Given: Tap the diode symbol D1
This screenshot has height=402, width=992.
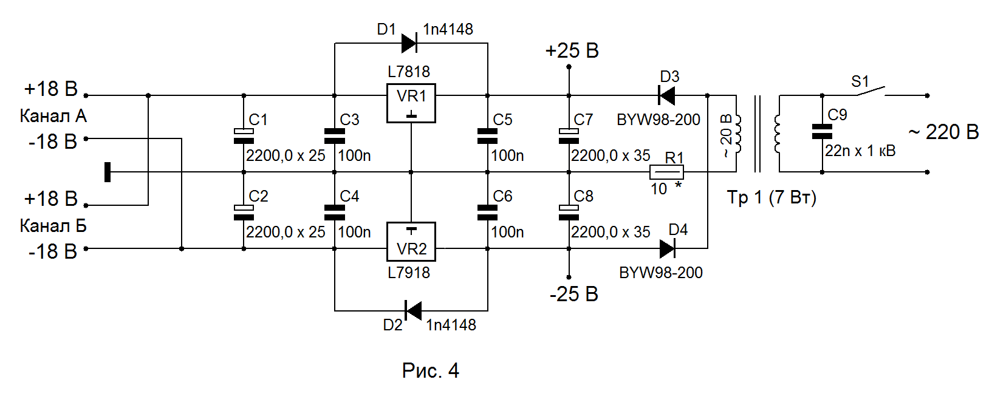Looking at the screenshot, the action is click(409, 43).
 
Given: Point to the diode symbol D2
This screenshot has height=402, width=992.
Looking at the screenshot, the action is click(413, 310).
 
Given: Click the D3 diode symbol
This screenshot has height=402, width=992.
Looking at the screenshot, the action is click(666, 95).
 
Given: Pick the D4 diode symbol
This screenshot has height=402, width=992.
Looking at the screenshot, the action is click(668, 248).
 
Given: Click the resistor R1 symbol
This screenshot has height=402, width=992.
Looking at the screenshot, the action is click(666, 172).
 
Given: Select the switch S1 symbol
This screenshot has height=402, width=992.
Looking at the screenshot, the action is click(871, 91).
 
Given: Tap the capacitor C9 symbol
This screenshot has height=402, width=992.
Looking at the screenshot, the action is click(822, 132).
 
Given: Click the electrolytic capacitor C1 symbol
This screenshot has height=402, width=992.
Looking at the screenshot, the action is click(244, 136).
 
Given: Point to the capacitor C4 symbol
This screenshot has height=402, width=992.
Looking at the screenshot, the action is click(334, 213).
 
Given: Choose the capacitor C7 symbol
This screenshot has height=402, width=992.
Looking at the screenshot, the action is click(569, 136).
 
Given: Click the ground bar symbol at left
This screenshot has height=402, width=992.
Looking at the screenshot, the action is click(107, 172).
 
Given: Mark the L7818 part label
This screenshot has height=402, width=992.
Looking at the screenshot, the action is click(409, 71).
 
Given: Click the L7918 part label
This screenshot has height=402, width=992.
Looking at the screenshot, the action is click(409, 272).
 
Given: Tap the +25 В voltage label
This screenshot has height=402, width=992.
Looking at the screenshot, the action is click(572, 50).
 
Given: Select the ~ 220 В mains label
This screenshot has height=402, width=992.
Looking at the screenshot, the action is click(943, 132).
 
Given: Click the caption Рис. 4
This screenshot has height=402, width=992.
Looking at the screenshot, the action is click(431, 370).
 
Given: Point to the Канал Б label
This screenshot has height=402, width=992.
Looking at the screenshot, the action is click(53, 226).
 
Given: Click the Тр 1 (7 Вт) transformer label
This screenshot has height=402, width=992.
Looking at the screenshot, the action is click(771, 197).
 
